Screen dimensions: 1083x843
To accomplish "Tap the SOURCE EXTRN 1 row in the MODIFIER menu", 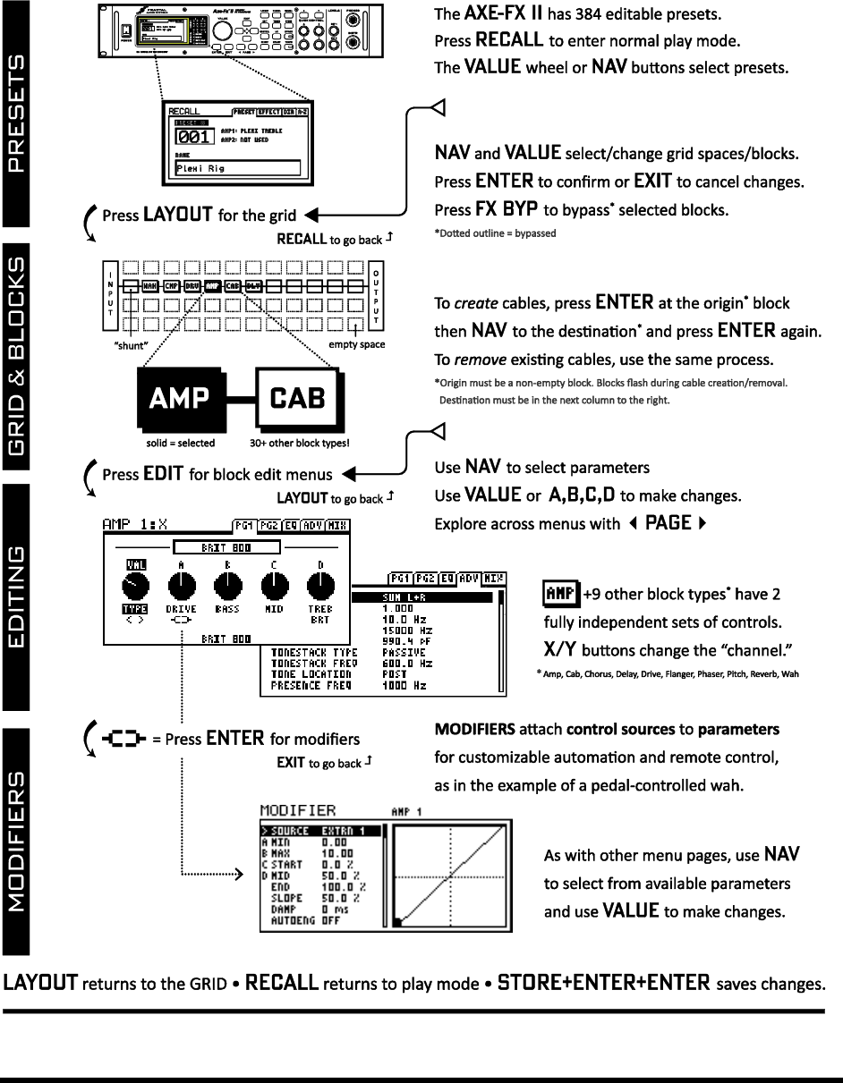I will tap(322, 830).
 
